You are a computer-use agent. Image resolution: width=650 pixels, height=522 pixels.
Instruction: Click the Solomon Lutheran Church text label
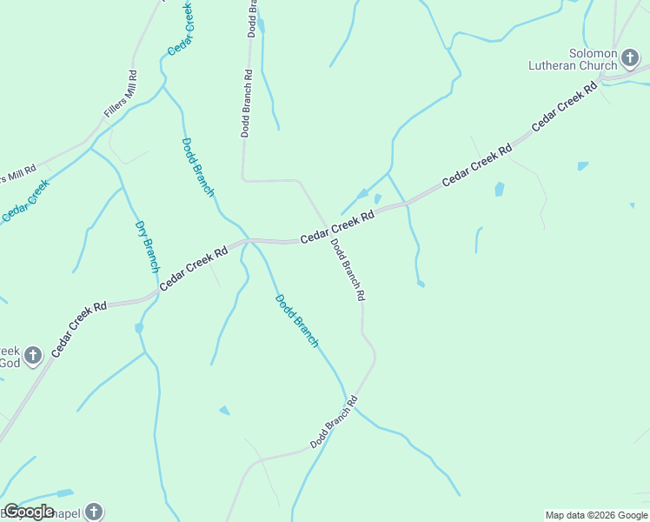click(574, 59)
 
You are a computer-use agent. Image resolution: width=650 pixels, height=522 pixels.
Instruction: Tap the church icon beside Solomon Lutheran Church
click(631, 58)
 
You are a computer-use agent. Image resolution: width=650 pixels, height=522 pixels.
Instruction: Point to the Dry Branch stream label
click(147, 247)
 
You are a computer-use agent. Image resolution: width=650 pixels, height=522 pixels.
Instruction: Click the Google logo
click(29, 512)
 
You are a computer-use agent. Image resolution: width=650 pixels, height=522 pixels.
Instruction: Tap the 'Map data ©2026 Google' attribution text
click(596, 515)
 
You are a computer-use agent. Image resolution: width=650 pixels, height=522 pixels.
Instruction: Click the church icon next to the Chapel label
click(94, 512)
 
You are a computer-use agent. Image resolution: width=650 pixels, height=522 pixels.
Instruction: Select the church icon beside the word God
click(33, 355)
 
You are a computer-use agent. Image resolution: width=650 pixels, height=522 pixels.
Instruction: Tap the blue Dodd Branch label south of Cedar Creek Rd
click(297, 321)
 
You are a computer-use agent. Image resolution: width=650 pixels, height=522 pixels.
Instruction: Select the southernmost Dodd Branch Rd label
click(335, 423)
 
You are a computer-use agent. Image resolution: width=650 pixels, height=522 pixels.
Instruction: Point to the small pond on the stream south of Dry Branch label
click(138, 328)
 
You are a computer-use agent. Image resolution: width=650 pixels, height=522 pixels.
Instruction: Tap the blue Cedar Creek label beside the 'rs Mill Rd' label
click(24, 200)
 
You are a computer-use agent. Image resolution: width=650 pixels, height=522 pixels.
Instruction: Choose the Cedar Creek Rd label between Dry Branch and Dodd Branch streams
click(193, 265)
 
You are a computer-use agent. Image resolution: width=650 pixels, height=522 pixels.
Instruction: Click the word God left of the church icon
click(9, 362)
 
